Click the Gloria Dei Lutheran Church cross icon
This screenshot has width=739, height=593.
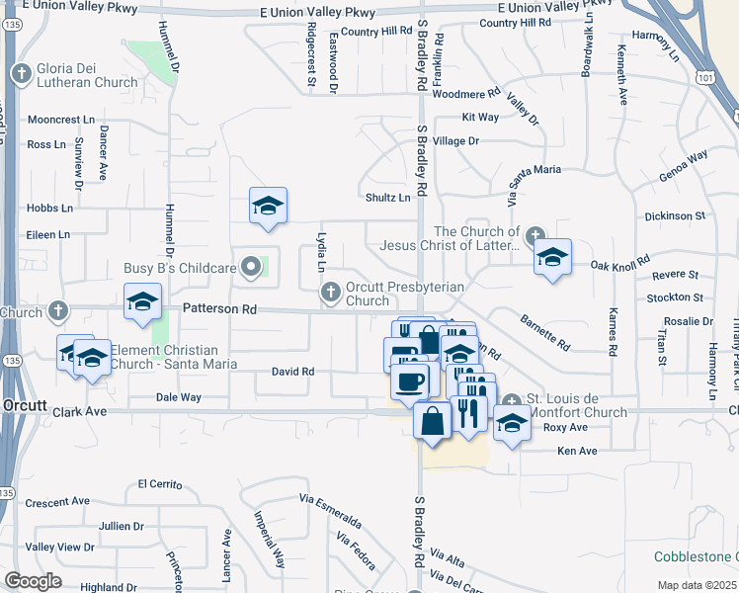[x=21, y=73]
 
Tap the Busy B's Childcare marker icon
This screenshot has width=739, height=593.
[x=252, y=267]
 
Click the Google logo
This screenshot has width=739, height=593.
[x=34, y=580]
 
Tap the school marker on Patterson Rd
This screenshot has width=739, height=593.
[x=142, y=301]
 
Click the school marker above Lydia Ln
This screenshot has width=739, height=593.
[x=268, y=206]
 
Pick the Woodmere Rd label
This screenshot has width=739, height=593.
[x=467, y=94]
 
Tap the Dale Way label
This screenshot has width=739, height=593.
[x=179, y=396]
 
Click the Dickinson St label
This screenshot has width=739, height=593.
[x=674, y=214]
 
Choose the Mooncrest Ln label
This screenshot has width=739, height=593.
[x=60, y=120]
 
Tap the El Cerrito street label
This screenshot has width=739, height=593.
[x=161, y=484]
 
